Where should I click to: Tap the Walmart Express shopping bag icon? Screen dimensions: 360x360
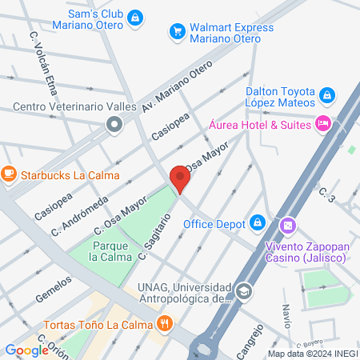click(x=177, y=32)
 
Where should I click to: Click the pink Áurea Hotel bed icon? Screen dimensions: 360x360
click(x=323, y=123)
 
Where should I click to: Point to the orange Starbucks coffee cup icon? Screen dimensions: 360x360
click(x=9, y=173)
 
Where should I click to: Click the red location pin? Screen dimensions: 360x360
click(x=179, y=178)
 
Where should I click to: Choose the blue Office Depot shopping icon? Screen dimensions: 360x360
click(x=258, y=222)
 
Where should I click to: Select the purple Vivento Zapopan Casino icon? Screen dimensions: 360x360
click(x=288, y=226)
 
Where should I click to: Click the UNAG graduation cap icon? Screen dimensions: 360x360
click(x=244, y=291)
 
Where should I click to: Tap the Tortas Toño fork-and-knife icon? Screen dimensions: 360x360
click(x=165, y=323)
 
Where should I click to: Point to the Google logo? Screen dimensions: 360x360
click(x=26, y=350)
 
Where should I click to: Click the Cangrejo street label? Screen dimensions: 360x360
click(x=247, y=334)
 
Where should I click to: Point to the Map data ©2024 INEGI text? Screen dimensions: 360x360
click(x=313, y=354)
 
